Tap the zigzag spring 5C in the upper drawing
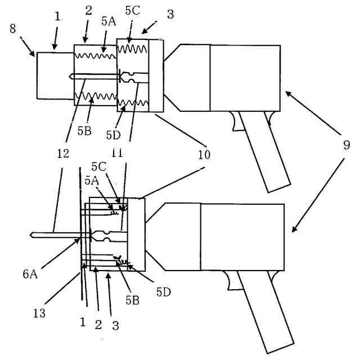pyautogui.click(x=132, y=49)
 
